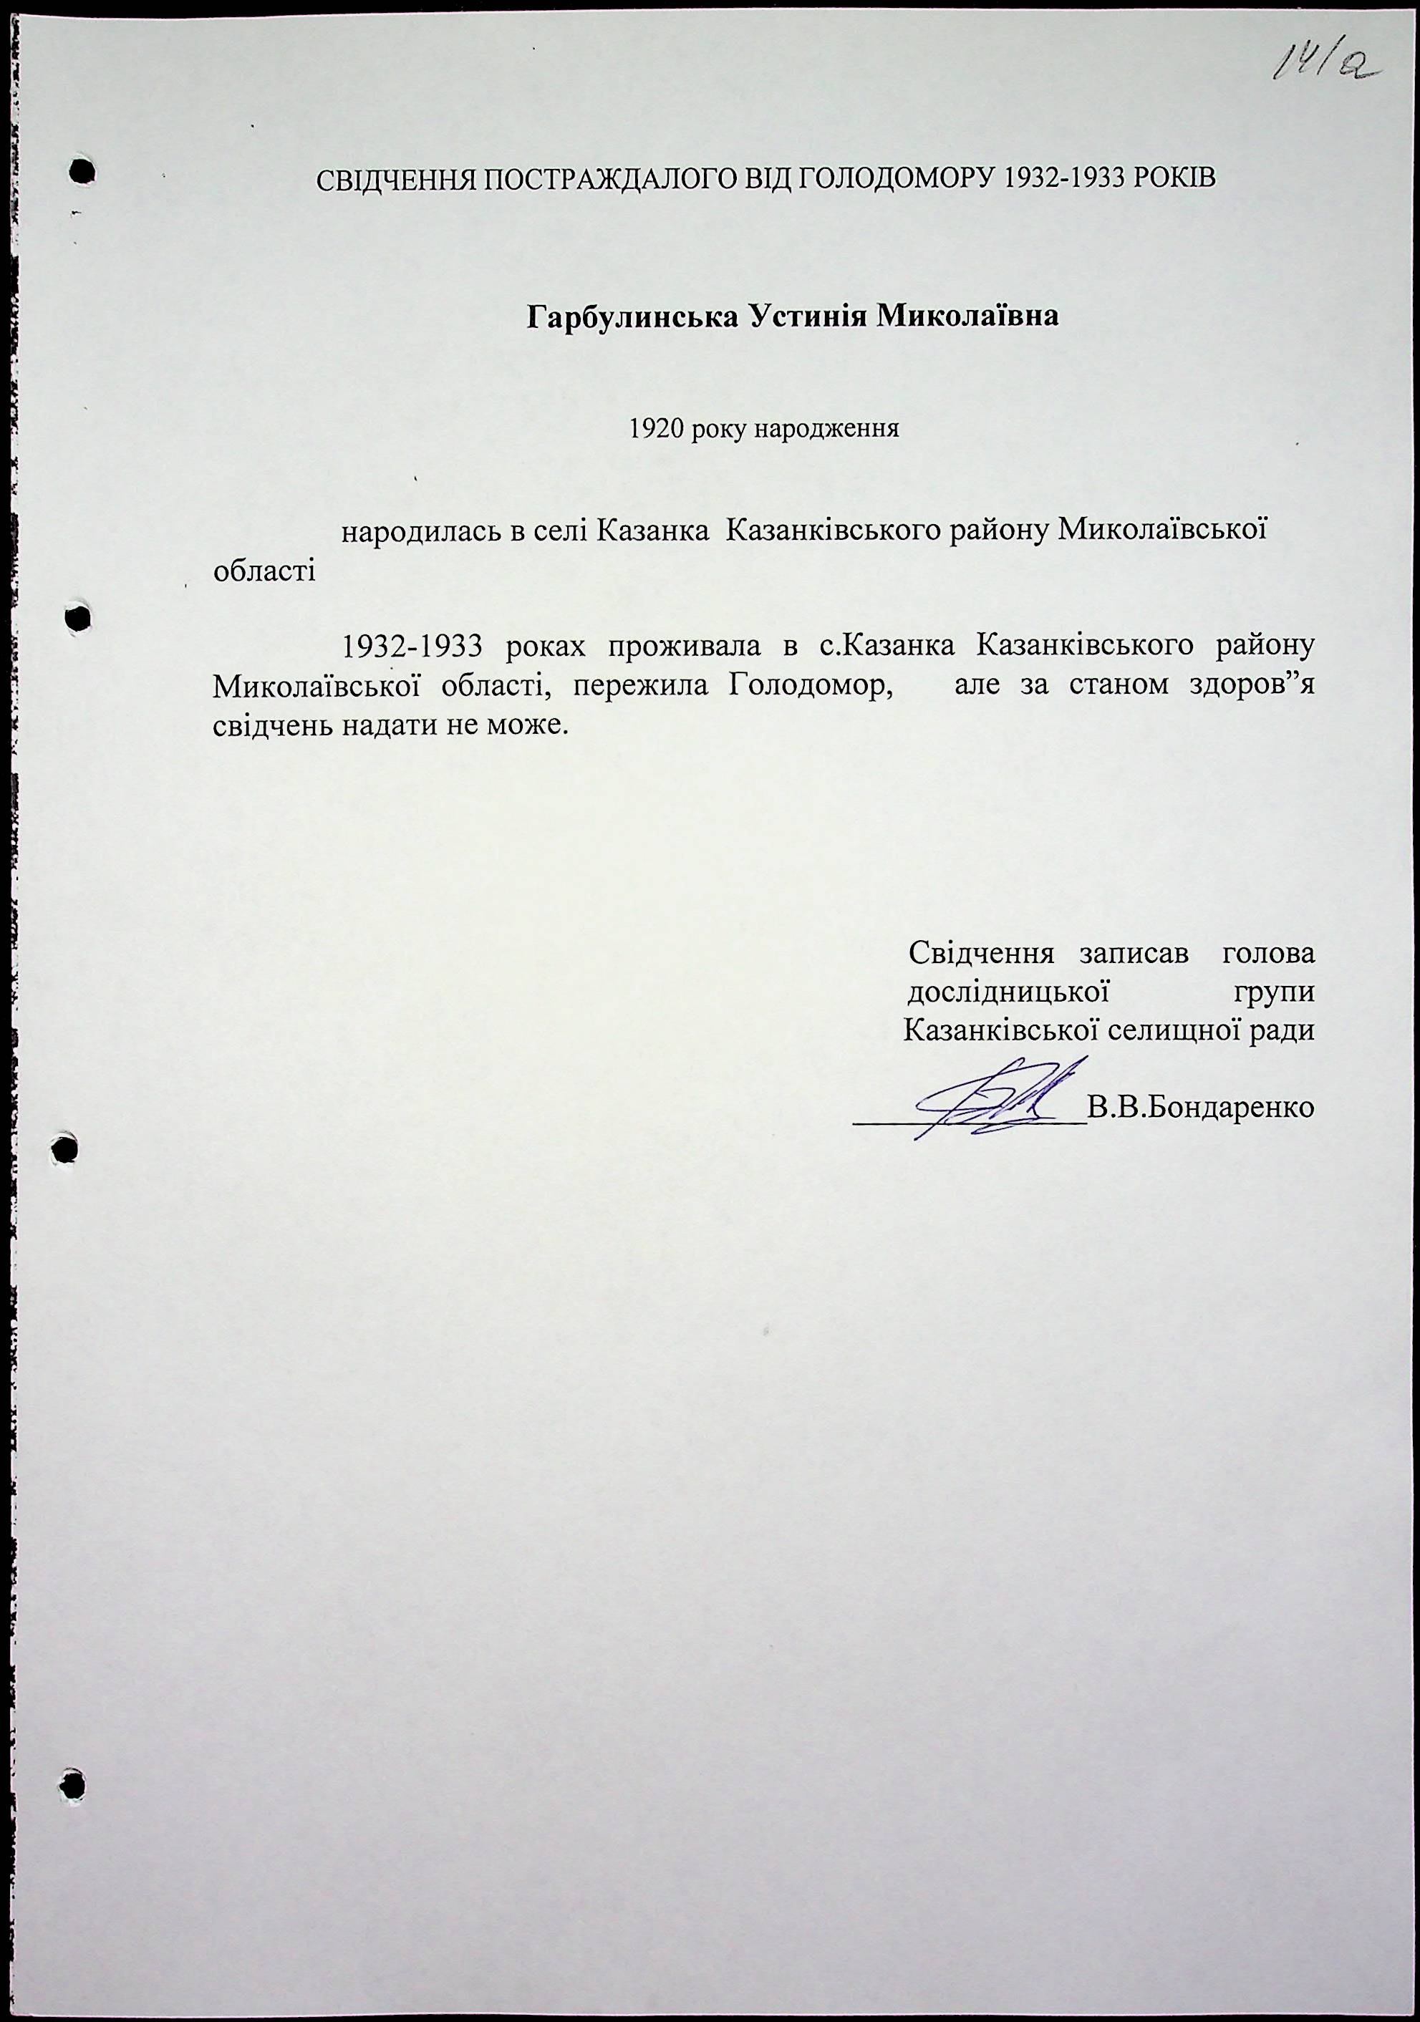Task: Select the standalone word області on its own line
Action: point(265,571)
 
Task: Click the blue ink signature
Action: point(995,1101)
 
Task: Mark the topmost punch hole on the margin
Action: point(82,171)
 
